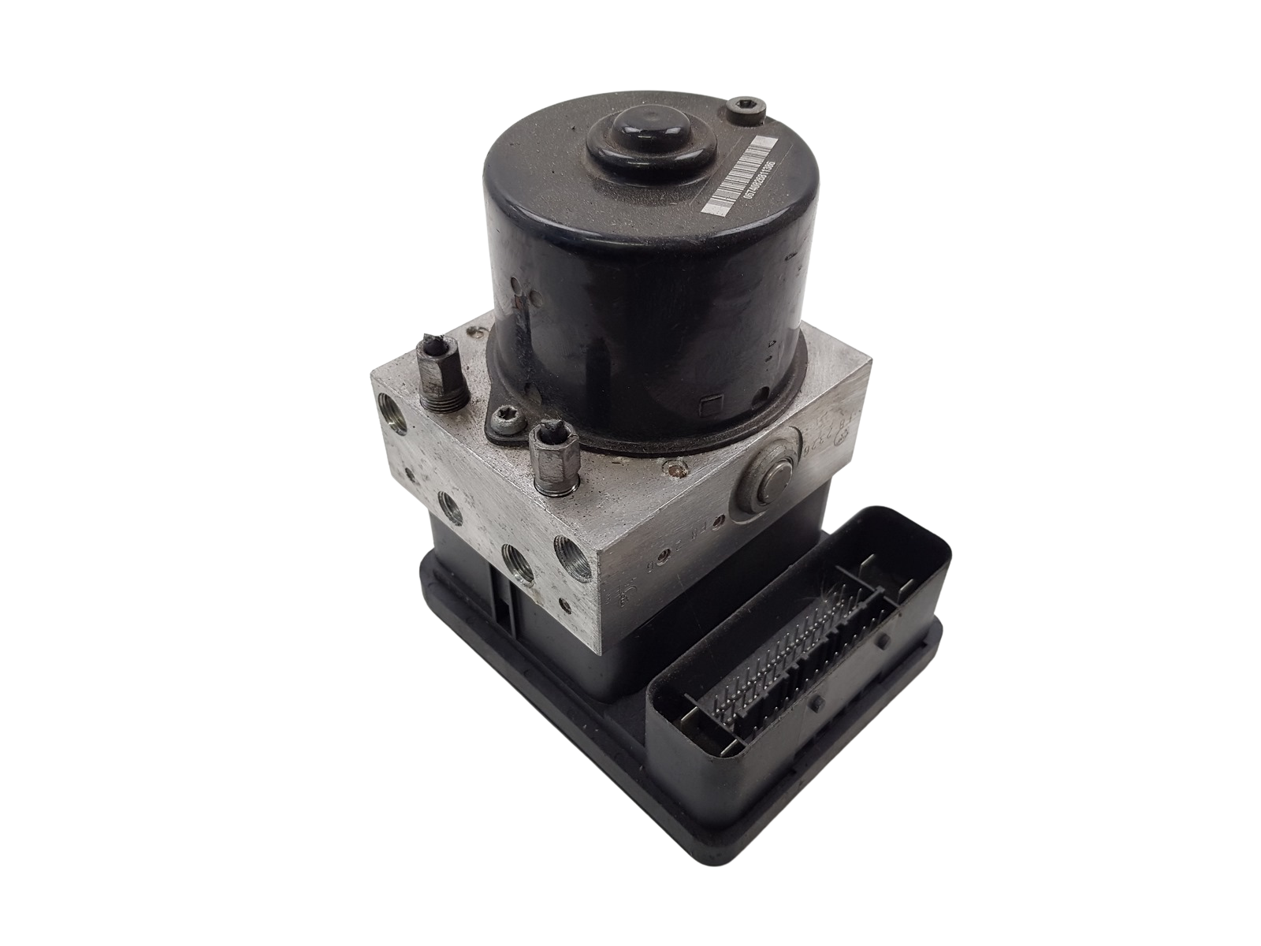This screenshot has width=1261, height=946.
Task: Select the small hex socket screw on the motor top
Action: [x=742, y=106]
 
